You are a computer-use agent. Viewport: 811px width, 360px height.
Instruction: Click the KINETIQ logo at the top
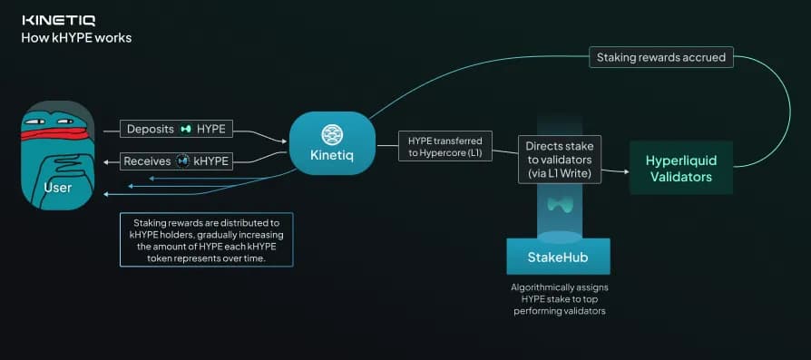[x=58, y=19]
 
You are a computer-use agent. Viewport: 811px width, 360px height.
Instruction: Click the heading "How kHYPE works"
[x=76, y=38]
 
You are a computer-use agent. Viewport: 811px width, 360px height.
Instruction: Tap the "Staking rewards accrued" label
[x=661, y=57]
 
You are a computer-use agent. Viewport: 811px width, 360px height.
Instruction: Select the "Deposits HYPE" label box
[x=176, y=129]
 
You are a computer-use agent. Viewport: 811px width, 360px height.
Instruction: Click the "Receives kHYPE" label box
[x=176, y=161]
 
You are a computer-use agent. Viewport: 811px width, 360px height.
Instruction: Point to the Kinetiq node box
[x=332, y=143]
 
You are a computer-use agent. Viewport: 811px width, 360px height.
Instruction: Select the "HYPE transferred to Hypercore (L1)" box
[x=445, y=147]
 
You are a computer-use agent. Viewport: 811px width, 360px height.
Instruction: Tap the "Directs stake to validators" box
[x=559, y=159]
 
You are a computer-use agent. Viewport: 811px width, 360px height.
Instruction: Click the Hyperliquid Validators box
[x=681, y=169]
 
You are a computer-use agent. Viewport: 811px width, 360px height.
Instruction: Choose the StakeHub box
[x=558, y=257]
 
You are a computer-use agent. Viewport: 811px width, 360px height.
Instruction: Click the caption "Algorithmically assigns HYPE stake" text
[x=558, y=298]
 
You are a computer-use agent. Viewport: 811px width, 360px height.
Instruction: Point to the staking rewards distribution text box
[x=207, y=240]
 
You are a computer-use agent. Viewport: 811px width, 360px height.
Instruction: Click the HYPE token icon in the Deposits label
[x=187, y=129]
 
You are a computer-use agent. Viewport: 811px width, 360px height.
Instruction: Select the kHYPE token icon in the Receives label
[x=182, y=161]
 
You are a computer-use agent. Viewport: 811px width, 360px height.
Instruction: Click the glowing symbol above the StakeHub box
[x=559, y=205]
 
